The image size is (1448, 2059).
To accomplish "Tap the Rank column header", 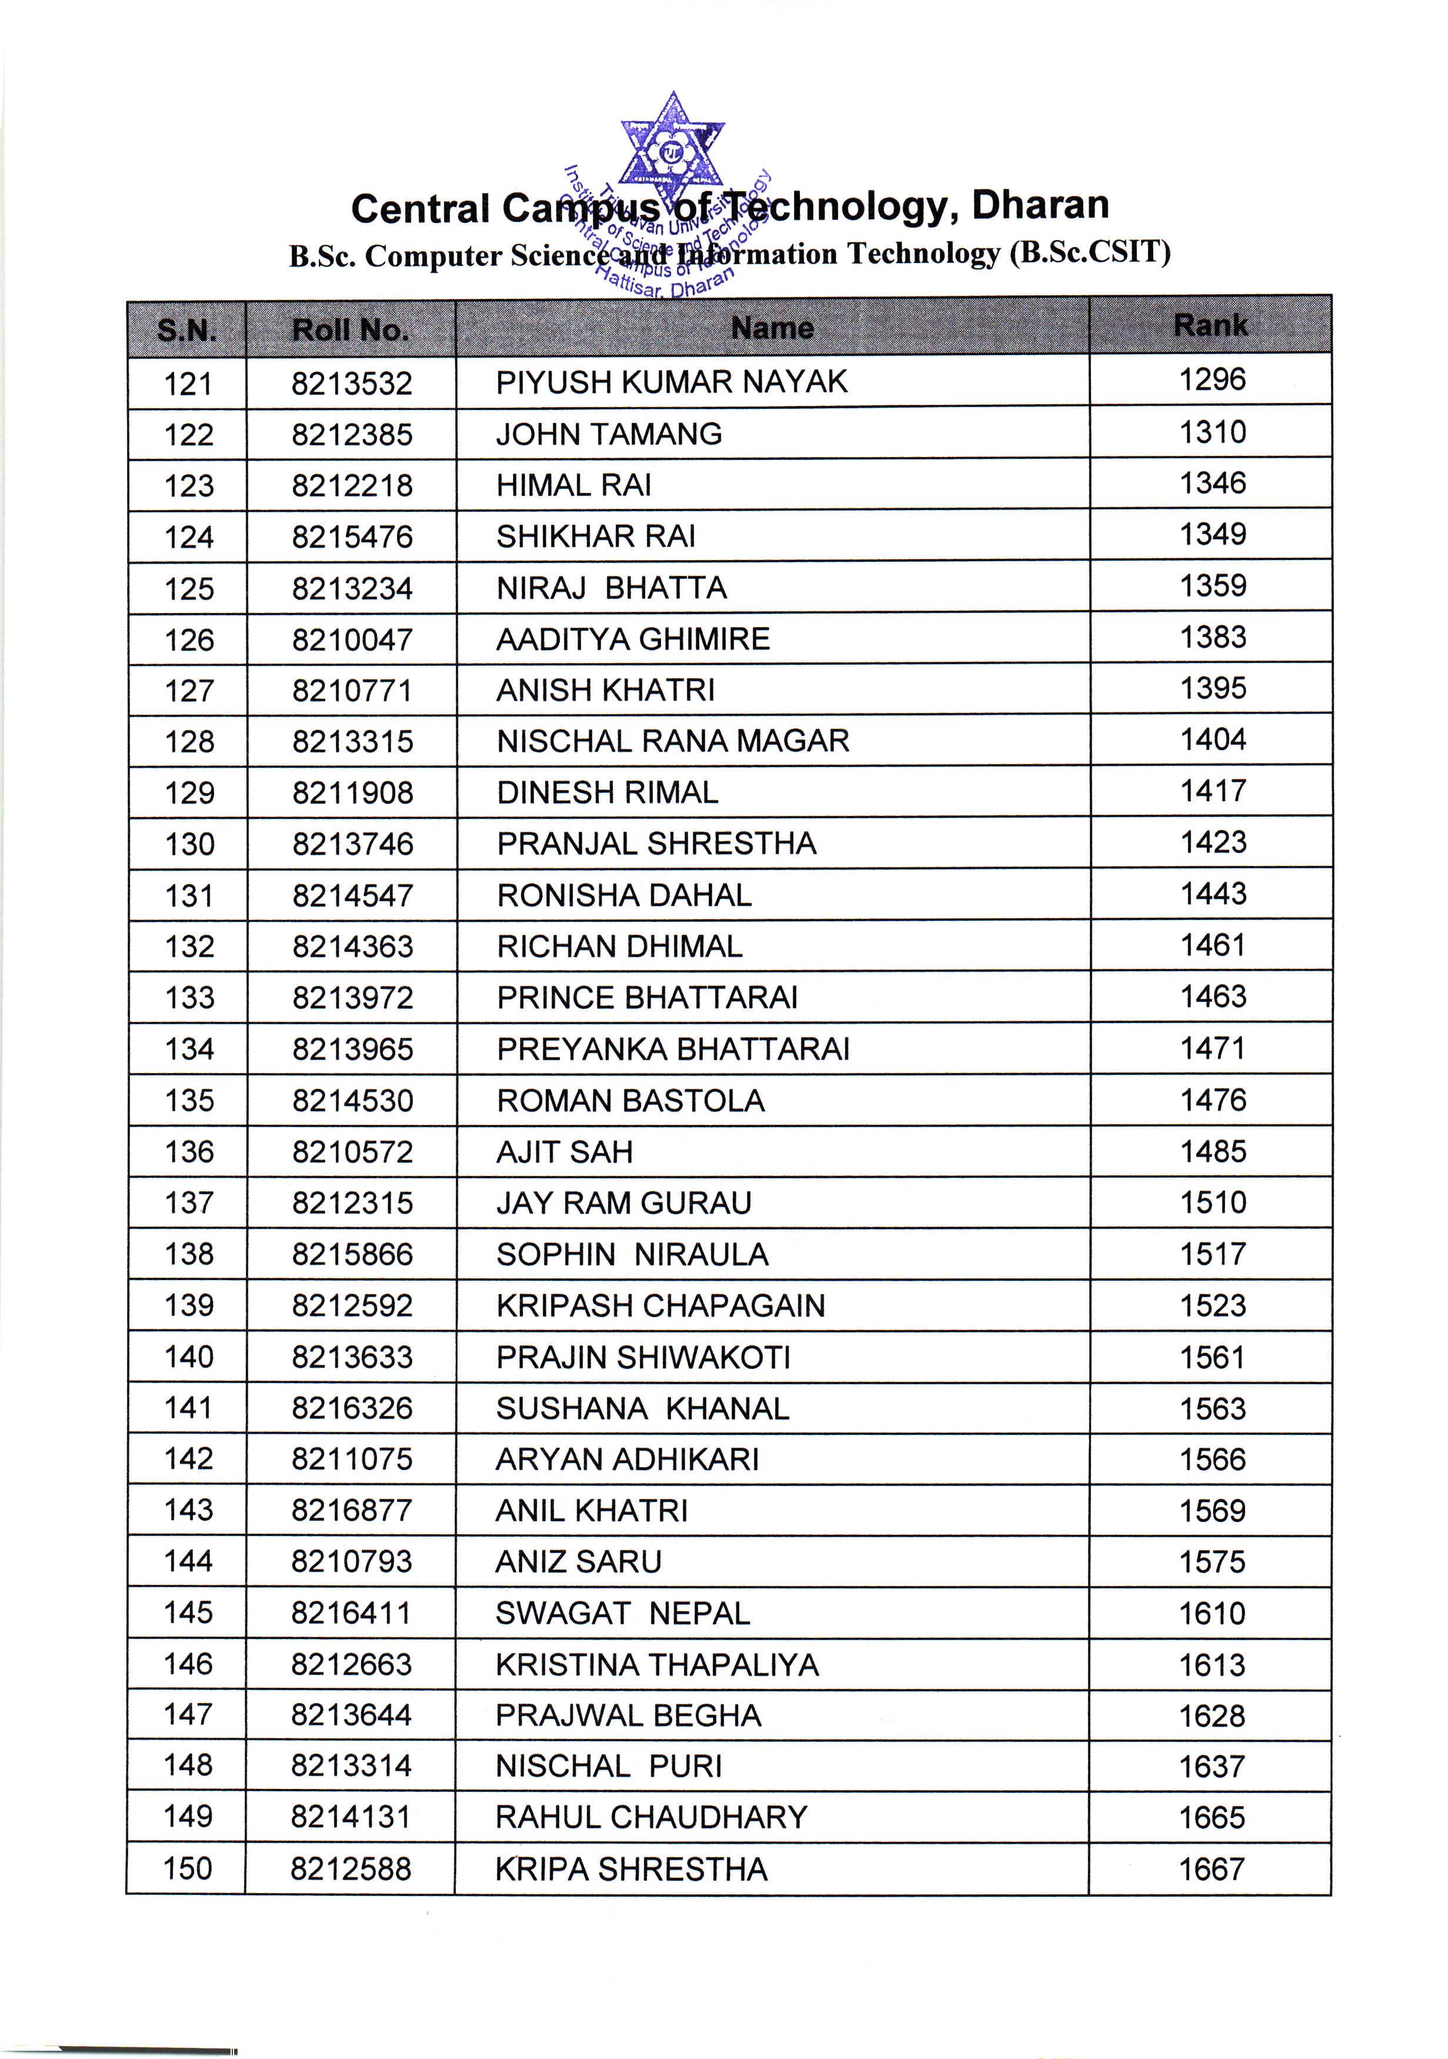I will [x=1210, y=325].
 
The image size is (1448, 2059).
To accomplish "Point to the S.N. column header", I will [x=186, y=331].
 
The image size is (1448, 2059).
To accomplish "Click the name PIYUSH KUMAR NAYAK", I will [x=672, y=382].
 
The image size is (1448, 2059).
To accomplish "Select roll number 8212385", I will [x=352, y=435].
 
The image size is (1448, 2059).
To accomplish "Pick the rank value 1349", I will [x=1212, y=535].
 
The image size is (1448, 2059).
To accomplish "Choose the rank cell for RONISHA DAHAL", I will [x=1213, y=894].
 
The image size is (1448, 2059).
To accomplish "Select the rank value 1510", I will [x=1213, y=1202].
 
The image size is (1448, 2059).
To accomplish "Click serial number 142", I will [x=188, y=1459].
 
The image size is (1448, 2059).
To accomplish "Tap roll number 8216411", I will [x=352, y=1613].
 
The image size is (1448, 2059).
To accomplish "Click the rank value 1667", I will [x=1212, y=1870].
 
